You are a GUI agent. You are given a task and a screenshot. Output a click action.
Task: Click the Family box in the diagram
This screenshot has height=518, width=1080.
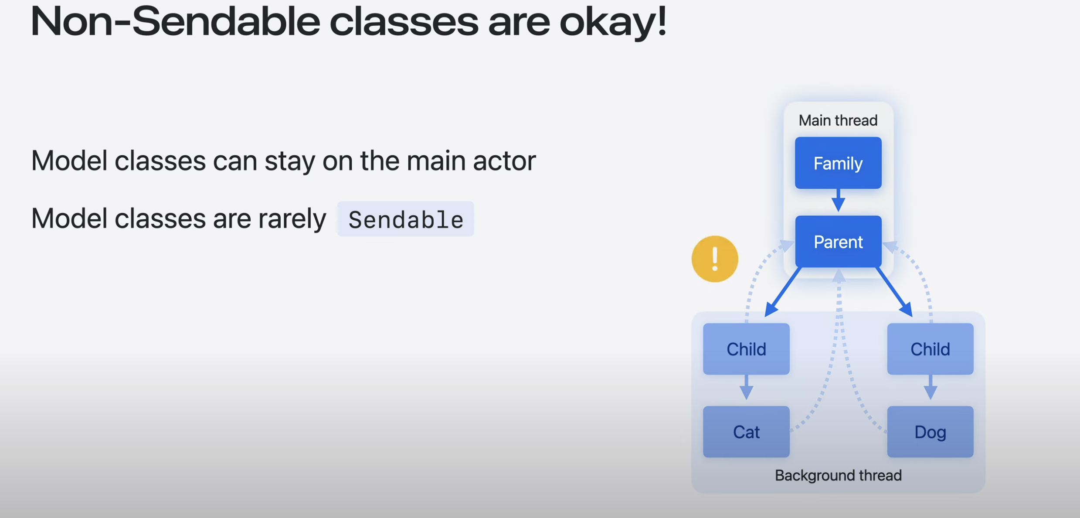point(838,163)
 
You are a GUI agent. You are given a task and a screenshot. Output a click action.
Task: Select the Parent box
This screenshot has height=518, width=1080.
point(838,242)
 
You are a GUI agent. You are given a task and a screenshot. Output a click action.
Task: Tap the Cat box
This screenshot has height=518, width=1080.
point(746,432)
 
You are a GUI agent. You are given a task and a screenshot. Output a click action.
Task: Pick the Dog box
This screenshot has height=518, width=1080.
point(930,432)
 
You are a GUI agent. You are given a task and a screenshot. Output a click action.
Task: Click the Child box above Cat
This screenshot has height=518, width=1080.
point(746,349)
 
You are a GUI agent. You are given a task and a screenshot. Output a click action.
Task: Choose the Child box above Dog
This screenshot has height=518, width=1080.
point(930,349)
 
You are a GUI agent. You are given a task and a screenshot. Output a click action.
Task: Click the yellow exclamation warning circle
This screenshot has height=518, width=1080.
point(715,259)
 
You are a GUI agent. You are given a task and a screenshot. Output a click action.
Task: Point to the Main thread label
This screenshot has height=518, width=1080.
point(838,120)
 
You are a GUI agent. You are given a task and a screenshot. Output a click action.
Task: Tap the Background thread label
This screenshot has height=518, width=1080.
point(838,475)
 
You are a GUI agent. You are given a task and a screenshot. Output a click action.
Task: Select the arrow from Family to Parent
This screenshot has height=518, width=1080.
point(838,201)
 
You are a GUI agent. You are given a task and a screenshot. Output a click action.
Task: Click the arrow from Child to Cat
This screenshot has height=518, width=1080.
point(746,387)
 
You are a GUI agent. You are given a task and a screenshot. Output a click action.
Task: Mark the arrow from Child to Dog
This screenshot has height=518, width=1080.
point(930,387)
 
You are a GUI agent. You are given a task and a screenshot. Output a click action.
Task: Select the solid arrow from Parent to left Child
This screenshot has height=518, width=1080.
point(783,292)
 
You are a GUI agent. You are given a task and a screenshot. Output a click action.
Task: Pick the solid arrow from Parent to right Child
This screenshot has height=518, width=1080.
point(894,292)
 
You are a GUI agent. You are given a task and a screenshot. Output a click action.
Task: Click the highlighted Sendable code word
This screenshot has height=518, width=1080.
point(406,219)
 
